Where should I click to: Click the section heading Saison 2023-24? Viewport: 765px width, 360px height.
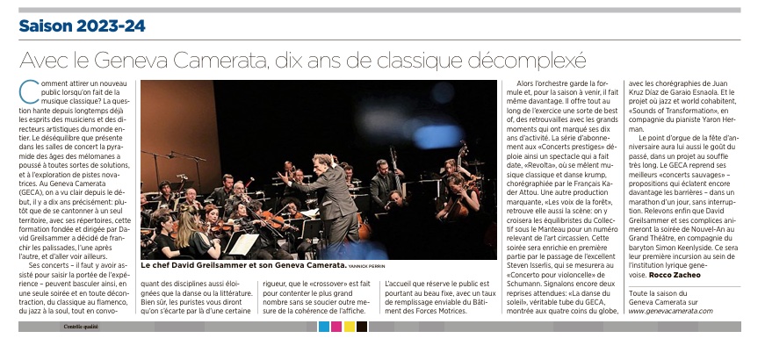pyautogui.click(x=83, y=26)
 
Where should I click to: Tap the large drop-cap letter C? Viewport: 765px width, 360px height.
pyautogui.click(x=25, y=88)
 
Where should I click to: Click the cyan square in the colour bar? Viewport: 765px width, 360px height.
pyautogui.click(x=324, y=327)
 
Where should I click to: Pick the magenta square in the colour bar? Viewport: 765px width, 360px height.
pyautogui.click(x=336, y=327)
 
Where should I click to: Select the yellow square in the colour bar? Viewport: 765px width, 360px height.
pyautogui.click(x=349, y=327)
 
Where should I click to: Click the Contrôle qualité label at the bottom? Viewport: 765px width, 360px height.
pyautogui.click(x=80, y=327)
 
